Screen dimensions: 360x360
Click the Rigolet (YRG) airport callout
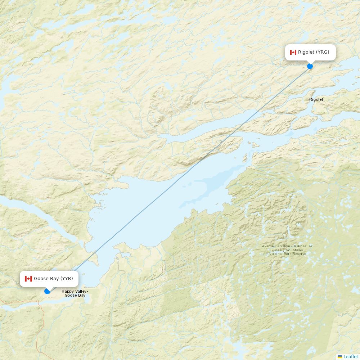310,52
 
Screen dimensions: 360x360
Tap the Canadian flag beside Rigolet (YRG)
293,52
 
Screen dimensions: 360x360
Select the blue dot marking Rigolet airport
310,66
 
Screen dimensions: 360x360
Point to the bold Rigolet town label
316,99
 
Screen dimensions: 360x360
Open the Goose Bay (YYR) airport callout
49,279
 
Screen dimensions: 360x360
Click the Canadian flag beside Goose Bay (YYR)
28,279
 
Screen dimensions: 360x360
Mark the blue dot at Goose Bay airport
47,291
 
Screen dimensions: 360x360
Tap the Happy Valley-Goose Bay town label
75,293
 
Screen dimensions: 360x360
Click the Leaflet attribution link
351,356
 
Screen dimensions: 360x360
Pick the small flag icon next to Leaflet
340,356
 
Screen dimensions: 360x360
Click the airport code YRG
323,52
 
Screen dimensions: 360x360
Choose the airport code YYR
67,279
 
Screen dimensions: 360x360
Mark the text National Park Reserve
287,254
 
